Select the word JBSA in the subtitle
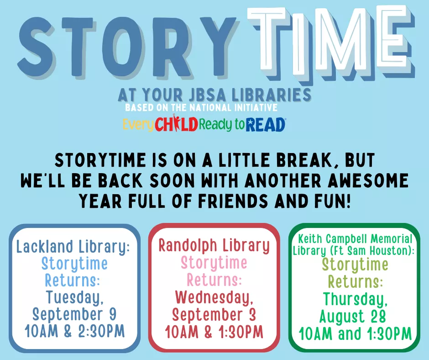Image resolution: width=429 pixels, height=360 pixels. click(207, 95)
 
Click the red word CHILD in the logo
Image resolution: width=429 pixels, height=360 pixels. click(177, 124)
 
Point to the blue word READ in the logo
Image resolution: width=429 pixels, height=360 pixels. click(266, 125)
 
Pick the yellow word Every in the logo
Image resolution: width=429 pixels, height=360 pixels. click(138, 125)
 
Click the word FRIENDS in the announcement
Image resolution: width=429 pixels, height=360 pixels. click(233, 201)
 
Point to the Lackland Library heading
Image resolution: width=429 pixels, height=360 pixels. click(73, 247)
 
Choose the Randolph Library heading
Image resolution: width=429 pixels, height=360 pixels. click(214, 245)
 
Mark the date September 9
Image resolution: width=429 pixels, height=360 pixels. click(74, 314)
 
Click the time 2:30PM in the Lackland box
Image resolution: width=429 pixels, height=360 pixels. click(101, 331)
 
